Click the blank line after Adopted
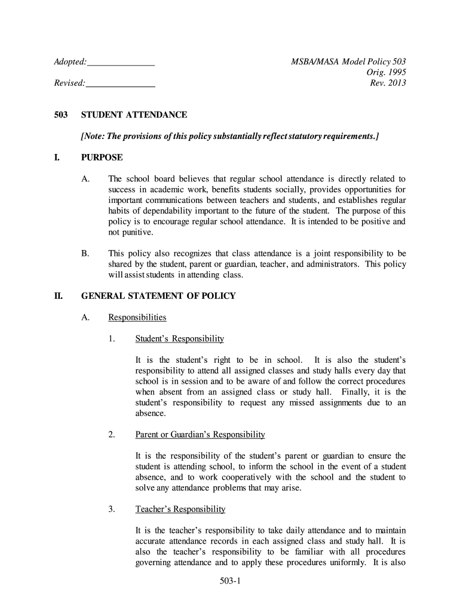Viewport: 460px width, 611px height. [x=121, y=63]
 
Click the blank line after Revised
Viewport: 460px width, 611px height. [x=121, y=84]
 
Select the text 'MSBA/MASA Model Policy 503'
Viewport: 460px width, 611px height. [x=348, y=62]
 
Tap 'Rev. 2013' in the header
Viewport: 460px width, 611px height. [x=388, y=83]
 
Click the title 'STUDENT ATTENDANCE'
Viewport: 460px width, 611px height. [x=134, y=115]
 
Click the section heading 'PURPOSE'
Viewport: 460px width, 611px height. [x=102, y=158]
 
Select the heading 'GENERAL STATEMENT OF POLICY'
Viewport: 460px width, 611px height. [x=158, y=295]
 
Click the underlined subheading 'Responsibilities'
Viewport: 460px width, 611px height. [x=137, y=317]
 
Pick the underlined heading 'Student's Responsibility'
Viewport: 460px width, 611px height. [x=180, y=339]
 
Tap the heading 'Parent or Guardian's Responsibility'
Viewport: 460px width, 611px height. [x=200, y=434]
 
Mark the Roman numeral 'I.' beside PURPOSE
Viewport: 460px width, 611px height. [x=57, y=158]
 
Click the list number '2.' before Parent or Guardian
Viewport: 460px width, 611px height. [x=112, y=434]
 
